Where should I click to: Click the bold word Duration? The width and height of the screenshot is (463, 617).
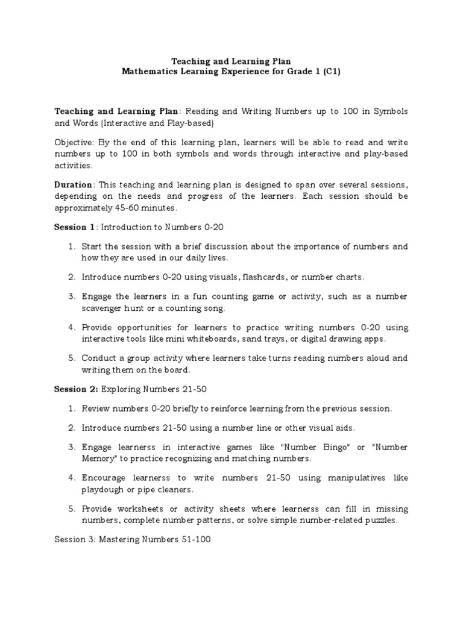coord(74,184)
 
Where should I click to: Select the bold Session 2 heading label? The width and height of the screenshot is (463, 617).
coord(75,389)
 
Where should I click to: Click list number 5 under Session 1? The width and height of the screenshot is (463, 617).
coord(71,358)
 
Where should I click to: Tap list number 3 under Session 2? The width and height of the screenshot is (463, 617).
coord(71,447)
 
